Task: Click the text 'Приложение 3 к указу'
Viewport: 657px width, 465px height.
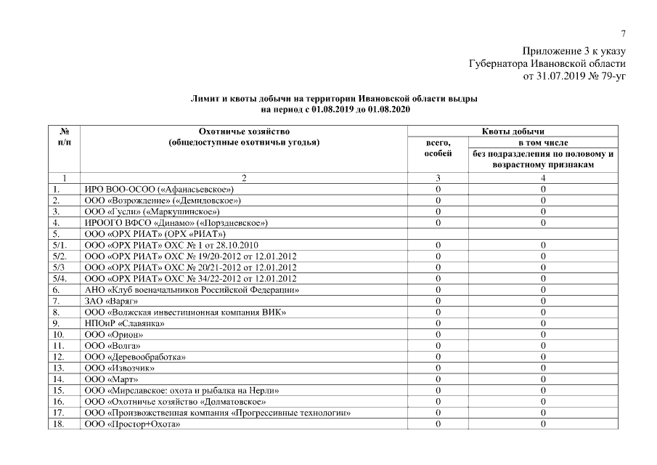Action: click(x=573, y=52)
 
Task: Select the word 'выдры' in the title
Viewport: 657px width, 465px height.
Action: click(x=462, y=98)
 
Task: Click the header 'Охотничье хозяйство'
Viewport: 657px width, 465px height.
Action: click(x=244, y=131)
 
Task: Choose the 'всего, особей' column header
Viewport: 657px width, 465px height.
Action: click(x=438, y=148)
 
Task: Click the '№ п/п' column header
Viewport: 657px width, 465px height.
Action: click(x=64, y=137)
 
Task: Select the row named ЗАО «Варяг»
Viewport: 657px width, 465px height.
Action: click(x=112, y=301)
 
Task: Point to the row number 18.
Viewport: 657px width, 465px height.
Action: click(x=60, y=424)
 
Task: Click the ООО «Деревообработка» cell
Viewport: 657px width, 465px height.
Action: click(x=135, y=357)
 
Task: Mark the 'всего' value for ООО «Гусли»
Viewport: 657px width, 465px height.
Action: click(x=438, y=211)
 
